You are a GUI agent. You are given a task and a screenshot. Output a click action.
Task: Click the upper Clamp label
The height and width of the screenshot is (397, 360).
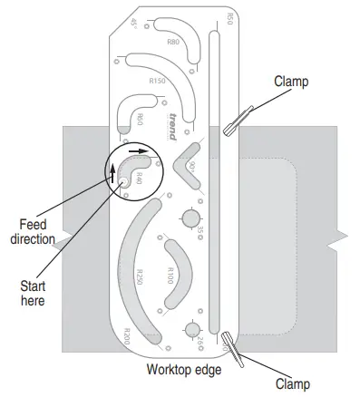tap(291, 82)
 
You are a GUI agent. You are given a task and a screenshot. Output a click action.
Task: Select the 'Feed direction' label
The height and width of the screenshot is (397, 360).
tap(33, 231)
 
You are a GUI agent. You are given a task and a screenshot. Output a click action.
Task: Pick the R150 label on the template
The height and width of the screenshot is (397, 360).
tap(157, 82)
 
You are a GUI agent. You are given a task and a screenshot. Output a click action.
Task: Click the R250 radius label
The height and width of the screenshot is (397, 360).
tap(139, 276)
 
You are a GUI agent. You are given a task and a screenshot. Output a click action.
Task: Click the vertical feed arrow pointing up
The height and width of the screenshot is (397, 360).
tap(114, 172)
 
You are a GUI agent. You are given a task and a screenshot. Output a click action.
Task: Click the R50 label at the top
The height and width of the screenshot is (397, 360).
tap(229, 21)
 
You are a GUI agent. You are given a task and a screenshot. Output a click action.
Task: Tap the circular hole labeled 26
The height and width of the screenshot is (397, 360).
tap(191, 330)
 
